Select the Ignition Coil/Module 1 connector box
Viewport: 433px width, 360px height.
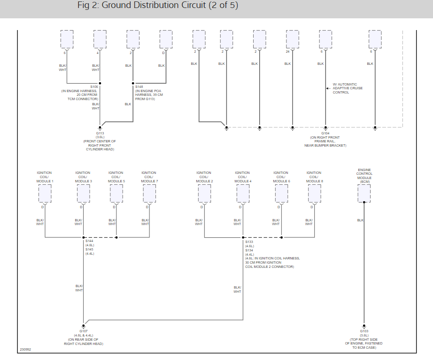(45, 193)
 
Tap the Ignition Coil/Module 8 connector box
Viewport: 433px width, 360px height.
(314, 193)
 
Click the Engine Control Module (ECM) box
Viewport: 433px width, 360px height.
(364, 193)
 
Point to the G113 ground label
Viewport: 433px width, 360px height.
(100, 133)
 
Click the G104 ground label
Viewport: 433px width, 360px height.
(325, 133)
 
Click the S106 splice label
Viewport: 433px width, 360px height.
(94, 87)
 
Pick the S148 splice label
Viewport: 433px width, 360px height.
(139, 87)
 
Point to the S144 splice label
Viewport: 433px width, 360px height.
(90, 241)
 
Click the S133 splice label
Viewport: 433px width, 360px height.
(249, 241)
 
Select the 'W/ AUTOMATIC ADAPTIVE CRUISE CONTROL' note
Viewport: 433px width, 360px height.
(348, 88)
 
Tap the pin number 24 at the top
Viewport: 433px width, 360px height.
(287, 51)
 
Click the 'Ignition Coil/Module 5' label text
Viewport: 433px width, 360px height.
(116, 177)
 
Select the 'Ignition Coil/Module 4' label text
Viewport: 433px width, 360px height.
(242, 177)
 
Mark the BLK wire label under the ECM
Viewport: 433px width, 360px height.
(360, 220)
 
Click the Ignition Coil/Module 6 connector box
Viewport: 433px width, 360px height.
(281, 193)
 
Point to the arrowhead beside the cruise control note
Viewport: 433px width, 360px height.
(327, 88)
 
